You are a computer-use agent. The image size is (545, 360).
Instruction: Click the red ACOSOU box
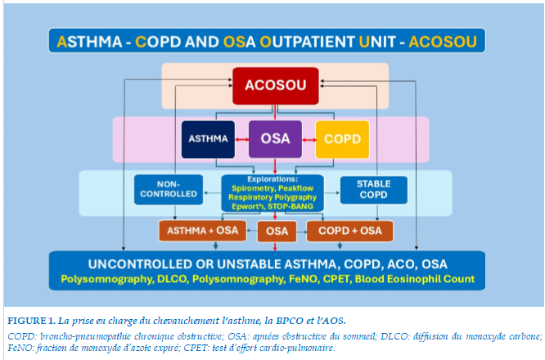pyautogui.click(x=276, y=86)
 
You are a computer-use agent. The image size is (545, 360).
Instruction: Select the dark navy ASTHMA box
pyautogui.click(x=208, y=139)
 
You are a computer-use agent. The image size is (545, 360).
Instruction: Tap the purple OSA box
pyautogui.click(x=275, y=139)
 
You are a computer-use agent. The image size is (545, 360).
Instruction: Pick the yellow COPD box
pyautogui.click(x=342, y=139)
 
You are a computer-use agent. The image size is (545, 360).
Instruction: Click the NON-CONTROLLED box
pyautogui.click(x=169, y=189)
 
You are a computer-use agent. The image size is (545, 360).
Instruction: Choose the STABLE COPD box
pyautogui.click(x=374, y=190)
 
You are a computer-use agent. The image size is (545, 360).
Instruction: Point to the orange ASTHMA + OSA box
pyautogui.click(x=203, y=231)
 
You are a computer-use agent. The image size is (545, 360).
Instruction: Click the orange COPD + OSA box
pyautogui.click(x=350, y=231)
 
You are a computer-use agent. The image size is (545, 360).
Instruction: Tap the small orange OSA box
pyautogui.click(x=277, y=232)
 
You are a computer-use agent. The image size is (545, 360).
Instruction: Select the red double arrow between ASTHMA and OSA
pyautogui.click(x=242, y=140)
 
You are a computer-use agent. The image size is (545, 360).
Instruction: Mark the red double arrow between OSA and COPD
pyautogui.click(x=309, y=140)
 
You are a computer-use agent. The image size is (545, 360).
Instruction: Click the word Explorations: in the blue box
pyautogui.click(x=272, y=179)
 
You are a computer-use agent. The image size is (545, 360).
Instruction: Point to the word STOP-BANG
pyautogui.click(x=291, y=206)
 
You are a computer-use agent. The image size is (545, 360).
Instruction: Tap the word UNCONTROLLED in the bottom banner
pyautogui.click(x=138, y=264)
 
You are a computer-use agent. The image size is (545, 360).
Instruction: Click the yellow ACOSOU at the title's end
pyautogui.click(x=443, y=42)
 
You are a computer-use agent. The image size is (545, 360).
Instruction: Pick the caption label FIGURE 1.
pyautogui.click(x=31, y=321)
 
